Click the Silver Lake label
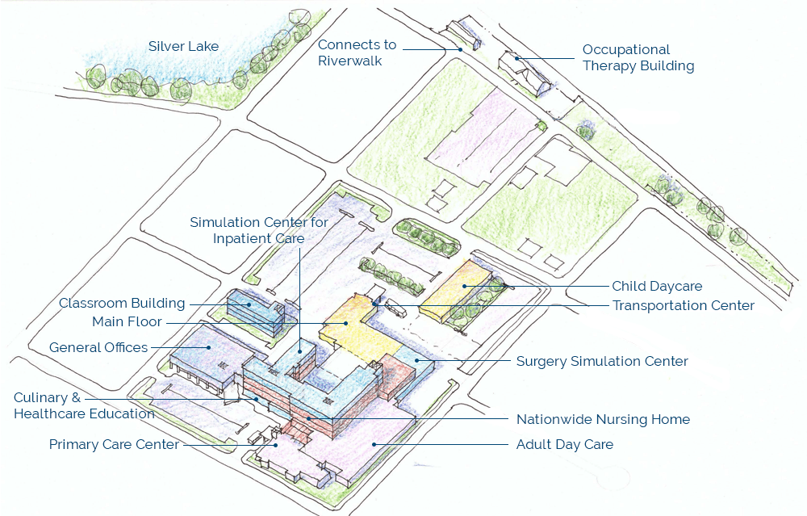pyautogui.click(x=183, y=46)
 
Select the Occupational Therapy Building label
pyautogui.click(x=638, y=58)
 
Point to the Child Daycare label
pyautogui.click(x=657, y=286)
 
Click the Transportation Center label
pyautogui.click(x=683, y=305)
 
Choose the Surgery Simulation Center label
pyautogui.click(x=602, y=361)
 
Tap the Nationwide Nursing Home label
pyautogui.click(x=603, y=419)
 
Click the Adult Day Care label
pyautogui.click(x=564, y=444)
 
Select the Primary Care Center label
pyautogui.click(x=114, y=444)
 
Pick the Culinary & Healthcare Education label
pyautogui.click(x=84, y=405)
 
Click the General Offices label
pyautogui.click(x=98, y=347)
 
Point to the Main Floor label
pyautogui.click(x=127, y=322)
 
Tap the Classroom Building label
pyautogui.click(x=122, y=304)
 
